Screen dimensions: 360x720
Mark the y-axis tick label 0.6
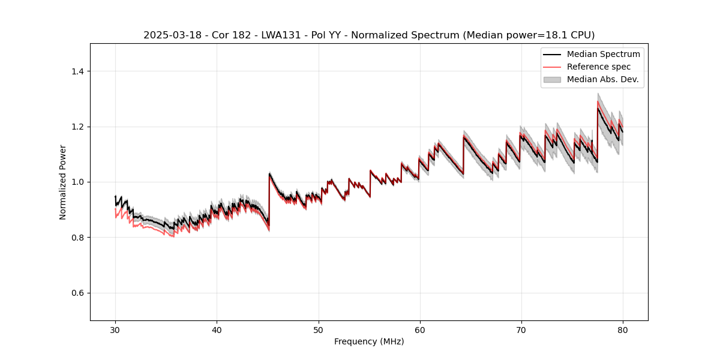coord(77,293)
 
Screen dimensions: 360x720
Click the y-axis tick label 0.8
coord(77,238)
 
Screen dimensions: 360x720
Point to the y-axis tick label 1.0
coord(77,182)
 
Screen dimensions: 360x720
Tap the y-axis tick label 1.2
coord(77,127)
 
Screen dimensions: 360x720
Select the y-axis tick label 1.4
coord(77,71)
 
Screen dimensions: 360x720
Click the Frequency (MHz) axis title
coord(369,341)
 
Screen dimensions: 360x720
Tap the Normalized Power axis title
coord(63,182)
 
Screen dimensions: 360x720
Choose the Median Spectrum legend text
coord(603,54)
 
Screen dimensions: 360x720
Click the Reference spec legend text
coord(599,67)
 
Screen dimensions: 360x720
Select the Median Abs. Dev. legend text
coord(602,79)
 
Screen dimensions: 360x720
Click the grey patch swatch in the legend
coord(552,79)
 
